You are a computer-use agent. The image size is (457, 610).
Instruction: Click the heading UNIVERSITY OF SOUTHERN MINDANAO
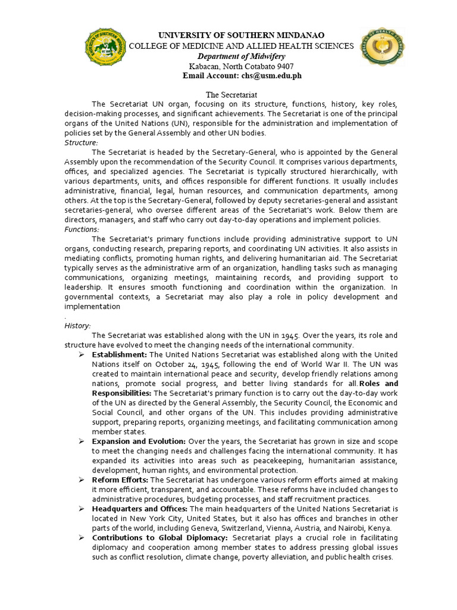tap(241, 36)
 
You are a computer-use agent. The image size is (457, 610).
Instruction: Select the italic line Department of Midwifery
tap(241, 56)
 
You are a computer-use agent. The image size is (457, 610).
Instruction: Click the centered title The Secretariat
tap(231, 95)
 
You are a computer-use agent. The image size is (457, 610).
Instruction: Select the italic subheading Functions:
tap(82, 229)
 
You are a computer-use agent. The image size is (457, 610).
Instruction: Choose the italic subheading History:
tap(77, 326)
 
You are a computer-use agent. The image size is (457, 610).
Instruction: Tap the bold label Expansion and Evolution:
tap(139, 441)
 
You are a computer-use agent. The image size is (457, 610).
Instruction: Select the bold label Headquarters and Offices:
tap(140, 509)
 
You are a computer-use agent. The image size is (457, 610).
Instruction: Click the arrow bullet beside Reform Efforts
tap(82, 480)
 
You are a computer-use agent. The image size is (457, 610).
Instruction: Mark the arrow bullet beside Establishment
tap(82, 354)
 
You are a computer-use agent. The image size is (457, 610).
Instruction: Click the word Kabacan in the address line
tap(204, 66)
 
